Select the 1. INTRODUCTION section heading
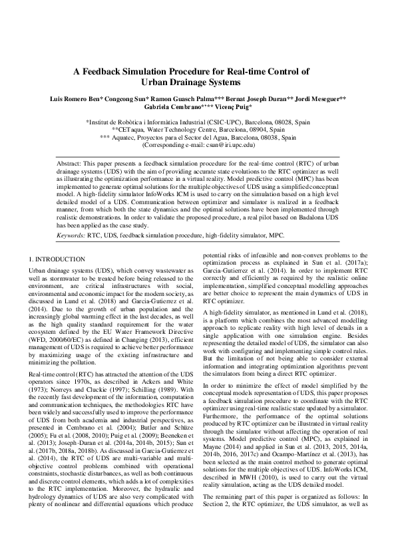click(x=58, y=258)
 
